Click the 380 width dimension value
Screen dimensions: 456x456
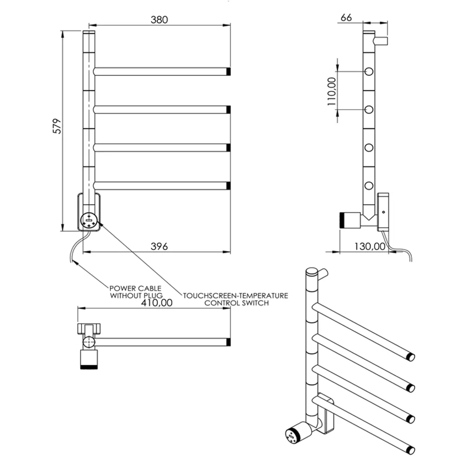click(159, 20)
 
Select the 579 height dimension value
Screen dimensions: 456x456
click(57, 126)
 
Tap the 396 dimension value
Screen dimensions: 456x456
click(159, 247)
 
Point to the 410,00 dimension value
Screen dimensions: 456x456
click(157, 303)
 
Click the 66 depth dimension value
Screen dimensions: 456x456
click(346, 18)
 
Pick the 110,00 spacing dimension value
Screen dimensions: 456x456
click(331, 92)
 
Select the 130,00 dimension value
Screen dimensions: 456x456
click(369, 247)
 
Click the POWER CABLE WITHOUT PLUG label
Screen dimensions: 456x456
click(135, 292)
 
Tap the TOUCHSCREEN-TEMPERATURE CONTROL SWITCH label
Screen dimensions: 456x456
click(235, 299)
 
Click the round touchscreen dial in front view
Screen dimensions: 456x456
click(89, 221)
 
